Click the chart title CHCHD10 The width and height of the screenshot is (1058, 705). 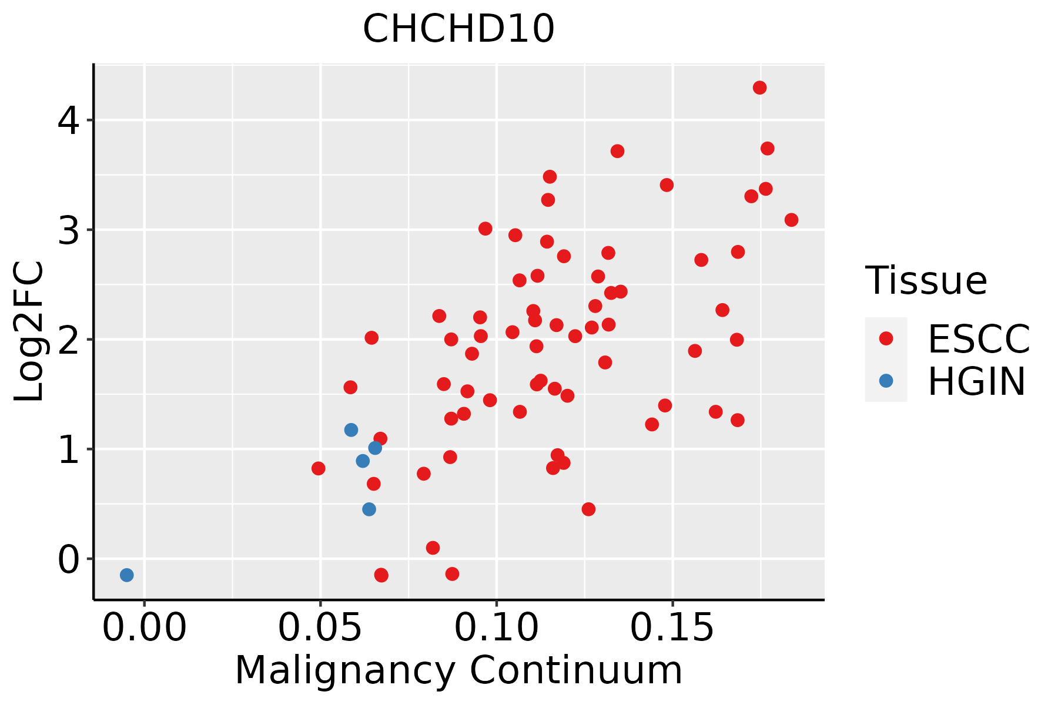click(x=458, y=29)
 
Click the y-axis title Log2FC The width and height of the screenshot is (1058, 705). click(x=29, y=332)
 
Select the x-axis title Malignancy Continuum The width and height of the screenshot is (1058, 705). click(x=458, y=670)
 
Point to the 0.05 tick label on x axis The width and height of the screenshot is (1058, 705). click(x=320, y=628)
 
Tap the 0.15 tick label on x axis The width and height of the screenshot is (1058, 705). click(x=672, y=628)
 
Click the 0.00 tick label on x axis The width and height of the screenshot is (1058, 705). click(x=145, y=628)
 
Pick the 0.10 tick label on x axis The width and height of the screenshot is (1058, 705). click(x=497, y=628)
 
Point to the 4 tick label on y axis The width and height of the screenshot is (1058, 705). click(x=68, y=120)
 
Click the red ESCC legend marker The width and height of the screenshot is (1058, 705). click(x=886, y=338)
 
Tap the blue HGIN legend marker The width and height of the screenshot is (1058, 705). click(x=886, y=381)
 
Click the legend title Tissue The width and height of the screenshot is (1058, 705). click(x=926, y=280)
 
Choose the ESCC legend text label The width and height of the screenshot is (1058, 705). click(x=979, y=339)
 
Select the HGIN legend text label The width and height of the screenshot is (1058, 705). click(x=977, y=381)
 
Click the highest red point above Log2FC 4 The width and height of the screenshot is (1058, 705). click(x=760, y=88)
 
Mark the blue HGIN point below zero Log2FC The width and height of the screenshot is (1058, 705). click(x=127, y=575)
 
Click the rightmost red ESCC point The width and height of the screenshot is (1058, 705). click(x=792, y=220)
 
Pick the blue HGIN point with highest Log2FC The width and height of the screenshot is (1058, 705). click(x=351, y=430)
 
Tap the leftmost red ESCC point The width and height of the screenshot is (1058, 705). click(x=319, y=468)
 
